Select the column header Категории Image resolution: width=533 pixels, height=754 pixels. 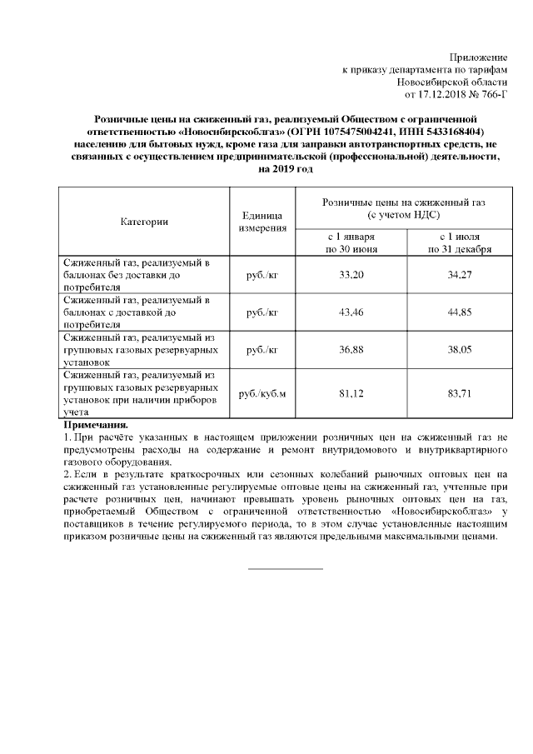(x=144, y=222)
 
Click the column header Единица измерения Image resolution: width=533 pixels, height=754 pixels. (x=262, y=222)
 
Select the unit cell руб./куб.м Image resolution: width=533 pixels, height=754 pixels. (x=262, y=393)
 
